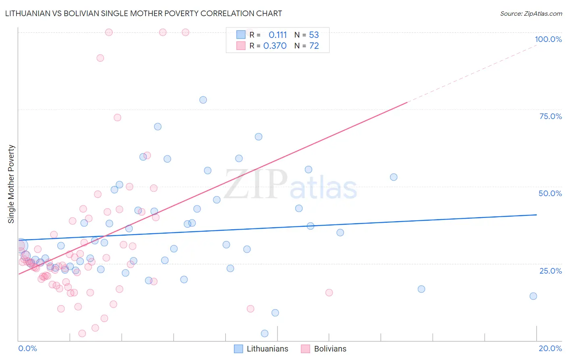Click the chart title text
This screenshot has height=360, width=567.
coord(143,13)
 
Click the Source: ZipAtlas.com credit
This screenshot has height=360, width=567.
coord(531,13)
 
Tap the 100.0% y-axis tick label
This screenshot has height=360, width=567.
coord(548,39)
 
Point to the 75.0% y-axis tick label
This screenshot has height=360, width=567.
coord(550,116)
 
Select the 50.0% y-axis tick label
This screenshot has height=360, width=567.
coord(550,193)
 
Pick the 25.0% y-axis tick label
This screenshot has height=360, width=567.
coord(550,270)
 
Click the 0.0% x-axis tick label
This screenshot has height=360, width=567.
coord(27,348)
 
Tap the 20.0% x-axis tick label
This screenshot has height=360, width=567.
coord(550,348)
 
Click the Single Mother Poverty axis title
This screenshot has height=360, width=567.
coord(11,184)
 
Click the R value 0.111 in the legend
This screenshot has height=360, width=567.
coord(277,35)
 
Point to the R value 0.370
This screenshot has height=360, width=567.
coord(275,46)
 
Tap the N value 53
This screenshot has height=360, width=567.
coord(314,35)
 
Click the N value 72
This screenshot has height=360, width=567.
coord(314,46)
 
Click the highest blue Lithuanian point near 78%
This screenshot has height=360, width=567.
coord(203,100)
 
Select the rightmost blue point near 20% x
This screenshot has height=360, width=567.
coord(533,296)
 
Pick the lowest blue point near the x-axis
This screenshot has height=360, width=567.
coord(265,333)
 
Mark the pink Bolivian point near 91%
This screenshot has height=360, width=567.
coord(100,58)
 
